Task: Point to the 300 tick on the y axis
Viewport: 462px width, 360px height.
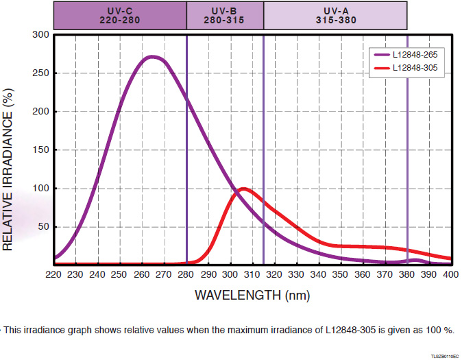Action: point(41,34)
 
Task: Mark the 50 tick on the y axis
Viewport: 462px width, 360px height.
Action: point(43,226)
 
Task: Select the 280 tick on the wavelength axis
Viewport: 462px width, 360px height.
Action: point(186,274)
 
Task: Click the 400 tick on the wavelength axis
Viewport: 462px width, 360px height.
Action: point(450,274)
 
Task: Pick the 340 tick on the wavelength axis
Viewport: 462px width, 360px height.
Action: point(318,274)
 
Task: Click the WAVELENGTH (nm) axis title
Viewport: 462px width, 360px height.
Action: point(252,296)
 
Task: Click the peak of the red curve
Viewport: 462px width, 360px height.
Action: point(243,188)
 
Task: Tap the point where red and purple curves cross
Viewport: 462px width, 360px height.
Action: point(234,191)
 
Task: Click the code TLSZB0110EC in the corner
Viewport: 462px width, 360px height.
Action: point(446,357)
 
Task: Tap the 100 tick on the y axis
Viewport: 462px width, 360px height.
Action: point(41,188)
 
